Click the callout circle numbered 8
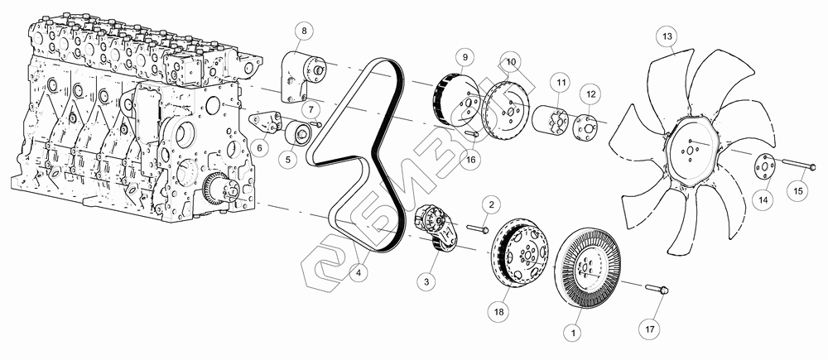(x=304, y=31)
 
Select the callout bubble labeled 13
(x=667, y=36)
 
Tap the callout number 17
(x=649, y=329)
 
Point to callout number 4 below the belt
(x=359, y=273)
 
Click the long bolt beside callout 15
(x=798, y=167)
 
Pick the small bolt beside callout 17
(x=657, y=288)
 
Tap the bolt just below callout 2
(x=479, y=229)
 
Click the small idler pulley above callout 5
(x=298, y=132)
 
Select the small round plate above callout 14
(x=763, y=168)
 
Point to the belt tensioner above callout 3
(x=436, y=228)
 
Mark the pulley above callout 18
(x=520, y=253)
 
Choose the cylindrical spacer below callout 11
(x=551, y=122)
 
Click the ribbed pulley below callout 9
(x=456, y=103)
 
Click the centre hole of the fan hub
(x=690, y=151)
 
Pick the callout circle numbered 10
(x=511, y=61)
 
